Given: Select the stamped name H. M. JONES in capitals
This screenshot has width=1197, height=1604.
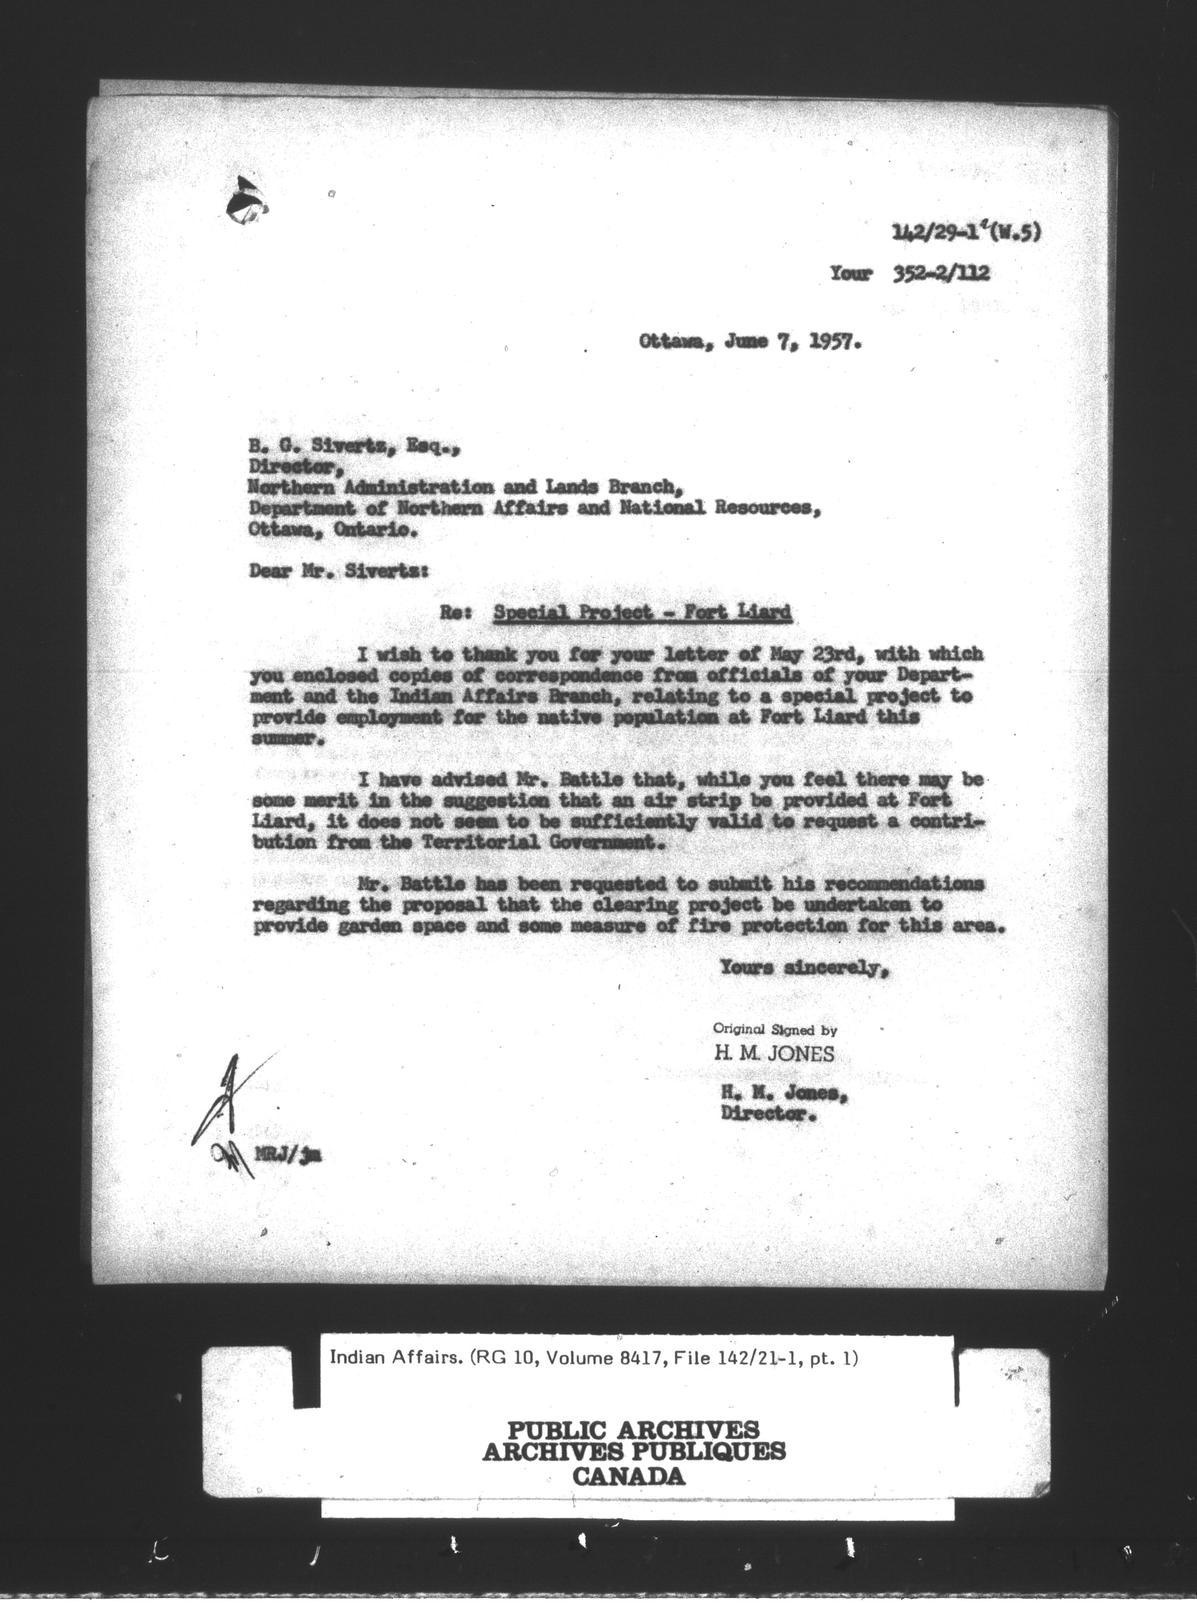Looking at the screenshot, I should tap(774, 1053).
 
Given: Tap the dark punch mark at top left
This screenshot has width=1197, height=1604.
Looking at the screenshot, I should tap(243, 201).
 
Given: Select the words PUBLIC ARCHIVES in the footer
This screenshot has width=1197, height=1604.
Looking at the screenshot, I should tap(633, 1430).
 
